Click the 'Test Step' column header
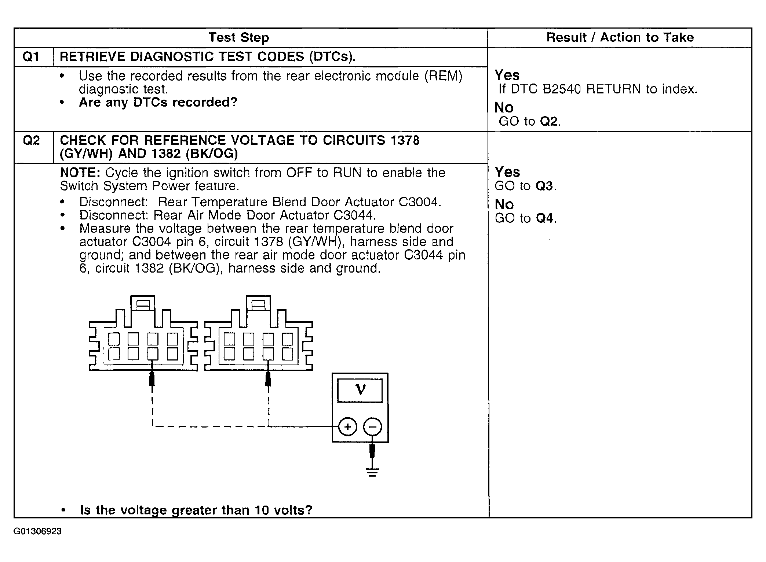pyautogui.click(x=239, y=37)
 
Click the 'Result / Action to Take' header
pyautogui.click(x=620, y=37)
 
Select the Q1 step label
pyautogui.click(x=31, y=57)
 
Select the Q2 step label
pyautogui.click(x=31, y=140)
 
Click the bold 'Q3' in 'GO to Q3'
pyautogui.click(x=544, y=186)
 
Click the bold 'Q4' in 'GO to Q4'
pyautogui.click(x=544, y=218)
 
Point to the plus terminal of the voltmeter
pyautogui.click(x=347, y=427)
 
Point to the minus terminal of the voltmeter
pyautogui.click(x=372, y=427)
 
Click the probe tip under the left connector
pyautogui.click(x=152, y=380)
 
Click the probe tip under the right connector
pyautogui.click(x=269, y=380)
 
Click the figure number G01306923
pyautogui.click(x=37, y=532)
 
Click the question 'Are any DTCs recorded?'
pyautogui.click(x=158, y=102)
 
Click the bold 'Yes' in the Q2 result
pyautogui.click(x=507, y=172)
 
